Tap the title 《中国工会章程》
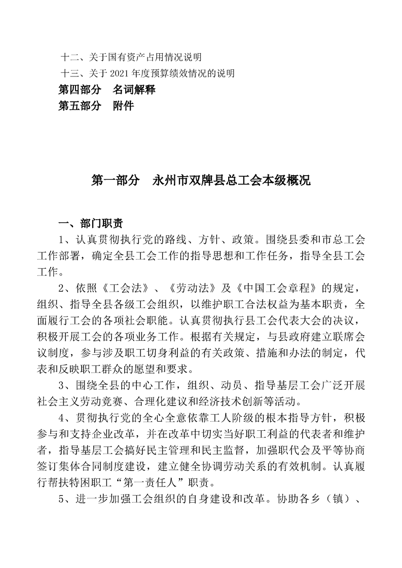(x=275, y=289)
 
